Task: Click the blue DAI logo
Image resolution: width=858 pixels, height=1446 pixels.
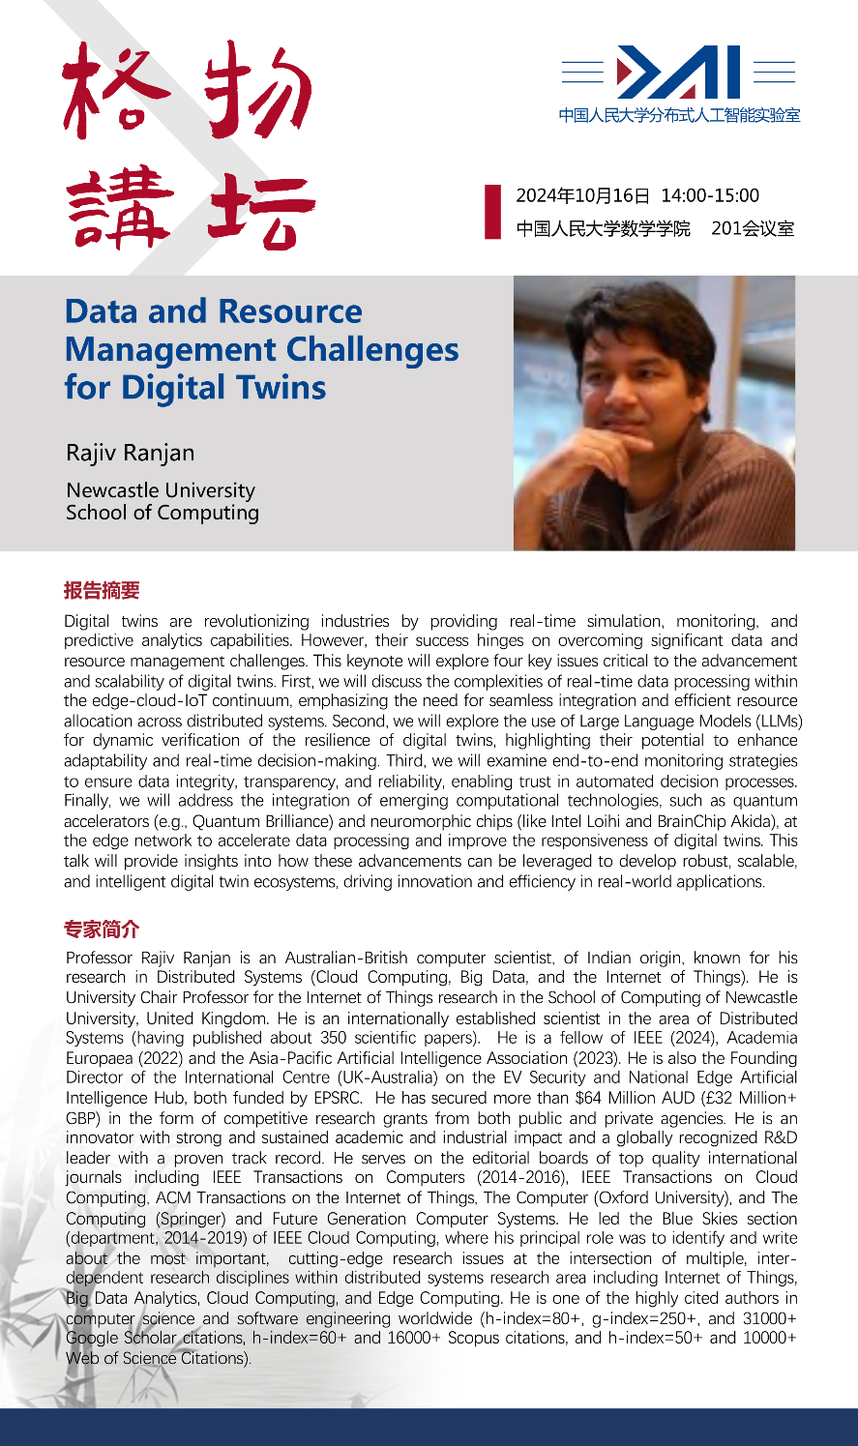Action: tap(678, 73)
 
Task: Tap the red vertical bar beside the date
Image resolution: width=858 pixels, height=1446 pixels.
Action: tap(492, 212)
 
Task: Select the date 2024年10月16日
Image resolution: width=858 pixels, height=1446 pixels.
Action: tap(582, 196)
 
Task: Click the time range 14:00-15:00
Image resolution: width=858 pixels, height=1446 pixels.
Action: tap(709, 196)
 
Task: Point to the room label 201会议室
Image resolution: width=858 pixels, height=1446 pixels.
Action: tap(753, 229)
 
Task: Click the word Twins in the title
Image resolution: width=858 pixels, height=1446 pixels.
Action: tap(280, 388)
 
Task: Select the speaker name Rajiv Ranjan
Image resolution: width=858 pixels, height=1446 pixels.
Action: tap(130, 453)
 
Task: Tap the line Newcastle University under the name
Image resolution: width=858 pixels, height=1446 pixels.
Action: tap(161, 490)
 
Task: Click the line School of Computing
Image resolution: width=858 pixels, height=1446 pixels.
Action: tap(163, 513)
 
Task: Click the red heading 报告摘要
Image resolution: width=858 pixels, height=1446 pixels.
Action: tap(102, 590)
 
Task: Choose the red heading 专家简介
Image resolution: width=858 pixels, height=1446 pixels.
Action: tap(102, 930)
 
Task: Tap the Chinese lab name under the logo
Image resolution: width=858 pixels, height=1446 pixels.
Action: tap(679, 116)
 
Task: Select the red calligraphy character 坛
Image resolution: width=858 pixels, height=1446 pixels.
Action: tap(259, 210)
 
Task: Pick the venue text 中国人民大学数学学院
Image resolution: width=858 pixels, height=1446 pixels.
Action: tap(603, 229)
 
